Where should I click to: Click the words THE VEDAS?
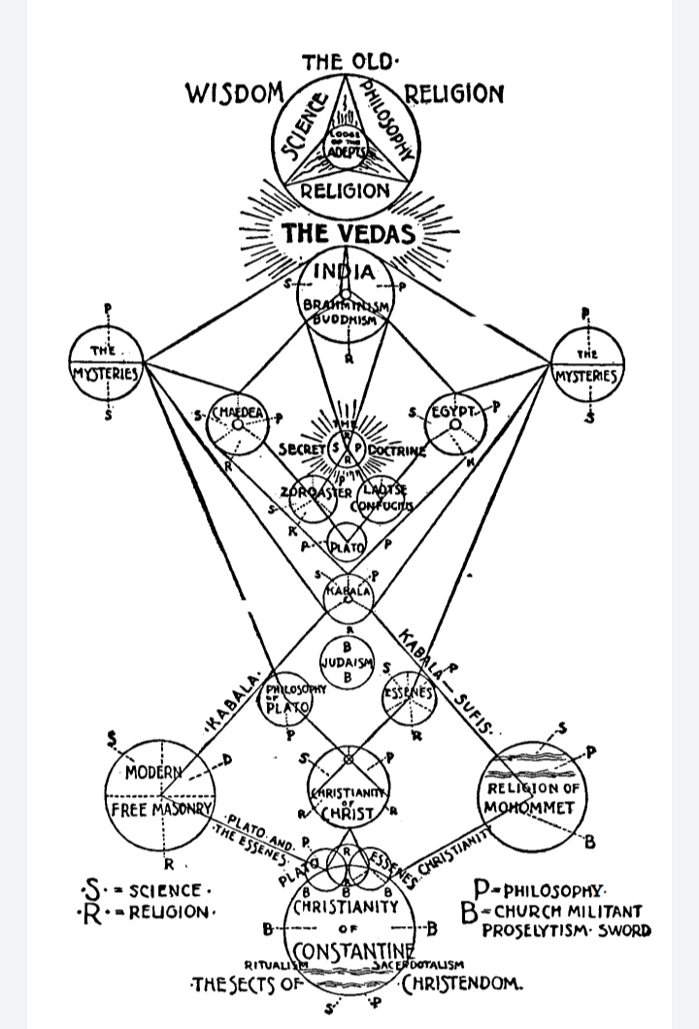tap(348, 234)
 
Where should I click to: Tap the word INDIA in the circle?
tap(347, 271)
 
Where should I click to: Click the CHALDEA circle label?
tap(238, 412)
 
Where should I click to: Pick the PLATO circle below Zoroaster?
tap(348, 548)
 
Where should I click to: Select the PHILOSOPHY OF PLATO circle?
tap(287, 698)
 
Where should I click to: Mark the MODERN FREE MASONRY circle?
tap(161, 790)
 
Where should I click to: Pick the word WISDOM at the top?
tap(233, 95)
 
